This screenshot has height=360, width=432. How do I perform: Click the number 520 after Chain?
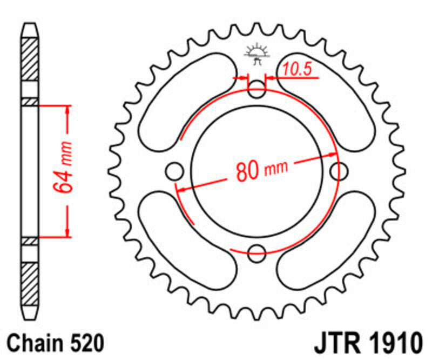coord(86,344)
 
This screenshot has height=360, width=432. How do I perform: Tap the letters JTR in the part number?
coord(334,344)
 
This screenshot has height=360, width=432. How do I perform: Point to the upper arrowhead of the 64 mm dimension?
coord(67,108)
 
